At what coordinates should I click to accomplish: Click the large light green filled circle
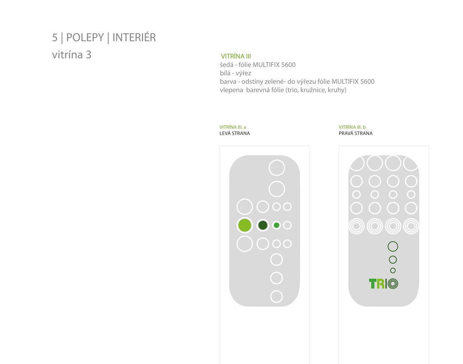click(245, 225)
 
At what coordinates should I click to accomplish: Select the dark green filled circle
click(263, 225)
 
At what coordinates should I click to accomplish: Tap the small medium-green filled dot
click(276, 225)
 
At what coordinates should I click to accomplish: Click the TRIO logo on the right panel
click(384, 284)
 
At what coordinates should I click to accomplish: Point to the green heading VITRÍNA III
click(236, 56)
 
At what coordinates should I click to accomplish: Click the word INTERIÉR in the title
click(134, 38)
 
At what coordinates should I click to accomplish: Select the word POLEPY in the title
click(85, 38)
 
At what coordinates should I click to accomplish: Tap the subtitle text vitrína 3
click(72, 55)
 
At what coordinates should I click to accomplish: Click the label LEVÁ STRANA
click(234, 134)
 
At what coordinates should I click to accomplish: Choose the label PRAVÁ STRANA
click(355, 134)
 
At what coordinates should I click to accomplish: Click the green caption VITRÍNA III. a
click(232, 127)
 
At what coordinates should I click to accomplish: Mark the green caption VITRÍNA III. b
click(352, 127)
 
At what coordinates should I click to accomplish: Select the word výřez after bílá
click(243, 73)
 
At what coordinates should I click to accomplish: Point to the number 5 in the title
click(55, 38)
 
